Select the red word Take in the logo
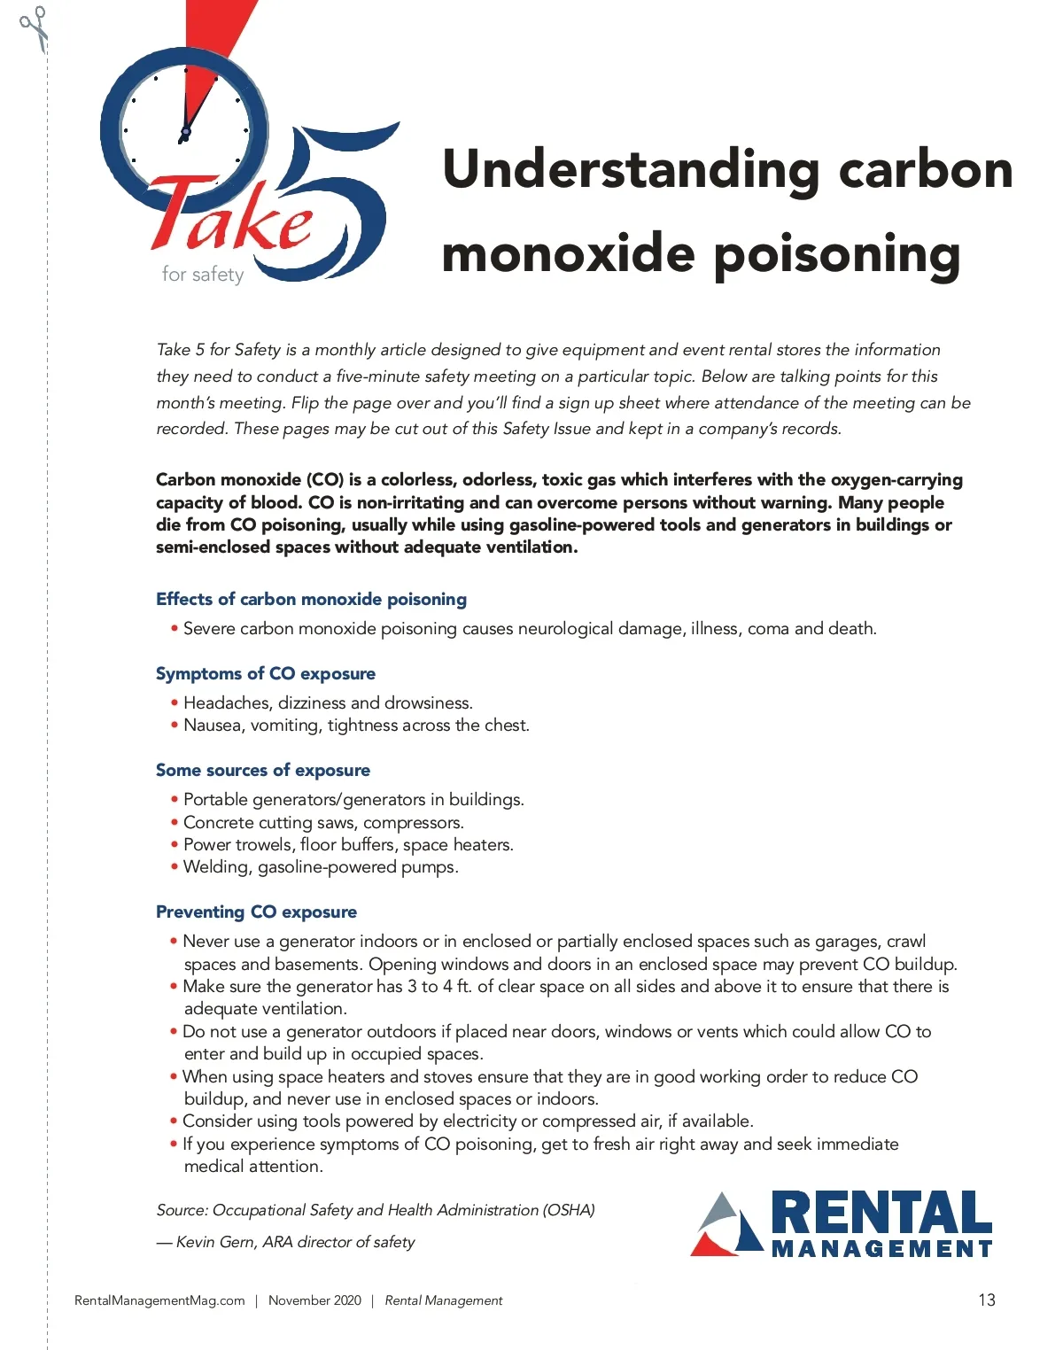point(232,217)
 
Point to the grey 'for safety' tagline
point(203,275)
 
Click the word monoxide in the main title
point(568,254)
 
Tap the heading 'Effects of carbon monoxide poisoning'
point(311,599)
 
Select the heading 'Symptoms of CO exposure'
point(266,673)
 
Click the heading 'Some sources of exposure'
point(263,770)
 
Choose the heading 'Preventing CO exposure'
point(257,912)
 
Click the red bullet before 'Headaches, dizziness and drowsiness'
point(175,703)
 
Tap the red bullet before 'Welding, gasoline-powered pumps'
point(175,866)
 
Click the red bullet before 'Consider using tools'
point(175,1121)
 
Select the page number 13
point(987,1300)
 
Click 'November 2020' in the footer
point(314,1300)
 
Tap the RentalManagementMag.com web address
point(159,1300)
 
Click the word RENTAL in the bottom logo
point(881,1214)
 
